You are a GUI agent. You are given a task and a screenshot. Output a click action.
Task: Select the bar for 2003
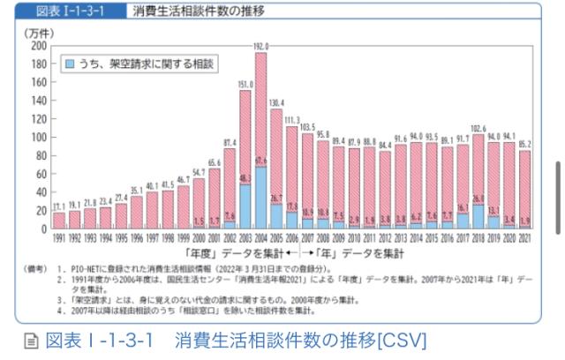coord(245,141)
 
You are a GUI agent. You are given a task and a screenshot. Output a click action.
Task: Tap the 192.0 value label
coord(260,44)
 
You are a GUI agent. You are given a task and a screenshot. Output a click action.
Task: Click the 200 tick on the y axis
coord(39,45)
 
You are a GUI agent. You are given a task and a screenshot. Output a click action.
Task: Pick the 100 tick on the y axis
coord(39,137)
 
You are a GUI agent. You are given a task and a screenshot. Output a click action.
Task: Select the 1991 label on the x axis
coord(59,237)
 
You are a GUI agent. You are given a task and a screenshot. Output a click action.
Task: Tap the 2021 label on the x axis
coord(526,237)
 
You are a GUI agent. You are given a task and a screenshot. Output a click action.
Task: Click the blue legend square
coord(69,64)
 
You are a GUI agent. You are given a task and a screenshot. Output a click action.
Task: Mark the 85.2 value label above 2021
coord(526,143)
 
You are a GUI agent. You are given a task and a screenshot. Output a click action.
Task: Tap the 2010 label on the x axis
coord(354,237)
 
